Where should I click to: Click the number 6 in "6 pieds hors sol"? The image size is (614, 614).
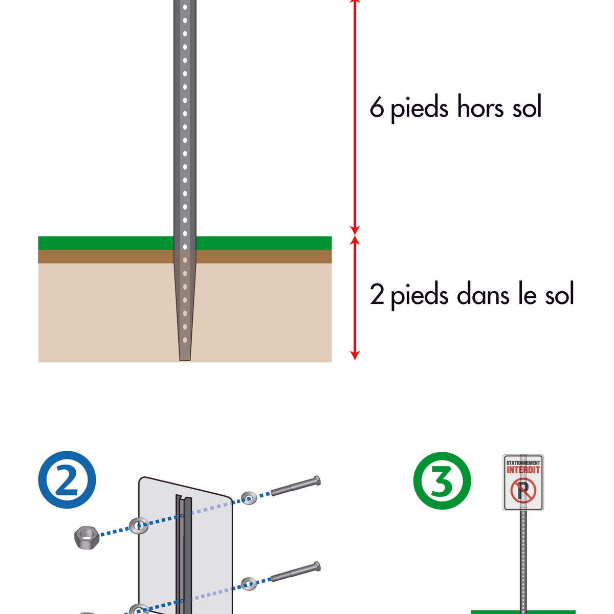coord(377,108)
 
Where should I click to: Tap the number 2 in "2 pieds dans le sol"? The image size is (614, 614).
coord(377,295)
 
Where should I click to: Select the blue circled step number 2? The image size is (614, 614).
coord(67,480)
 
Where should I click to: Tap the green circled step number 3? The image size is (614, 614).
coord(442,480)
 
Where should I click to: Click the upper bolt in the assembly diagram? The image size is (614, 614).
coord(295,486)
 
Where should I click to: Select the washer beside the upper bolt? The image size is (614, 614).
coord(249,497)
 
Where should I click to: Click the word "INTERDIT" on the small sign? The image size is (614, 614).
coord(523,470)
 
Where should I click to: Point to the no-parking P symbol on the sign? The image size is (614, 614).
coord(522,491)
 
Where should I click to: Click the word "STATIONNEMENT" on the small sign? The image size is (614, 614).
coord(523,463)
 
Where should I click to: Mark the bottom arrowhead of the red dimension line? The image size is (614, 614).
coord(355,355)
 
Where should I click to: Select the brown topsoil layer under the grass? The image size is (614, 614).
coord(102,256)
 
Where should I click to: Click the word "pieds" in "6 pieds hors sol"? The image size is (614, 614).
coord(419,109)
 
